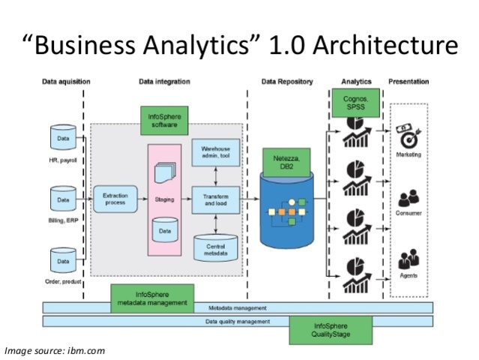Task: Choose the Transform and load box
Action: tap(215, 199)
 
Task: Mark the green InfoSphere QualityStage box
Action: tap(331, 329)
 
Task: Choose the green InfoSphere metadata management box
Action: tap(152, 298)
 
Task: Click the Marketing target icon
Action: tap(409, 137)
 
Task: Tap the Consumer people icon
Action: tap(409, 199)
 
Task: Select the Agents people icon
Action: tap(409, 260)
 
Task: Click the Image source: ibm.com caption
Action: tap(55, 350)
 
